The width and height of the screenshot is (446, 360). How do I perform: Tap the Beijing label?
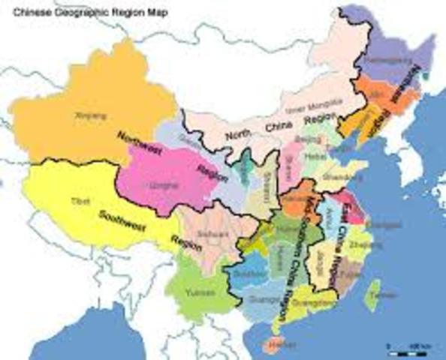click(309, 139)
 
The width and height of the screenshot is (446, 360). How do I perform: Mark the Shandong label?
click(333, 176)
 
